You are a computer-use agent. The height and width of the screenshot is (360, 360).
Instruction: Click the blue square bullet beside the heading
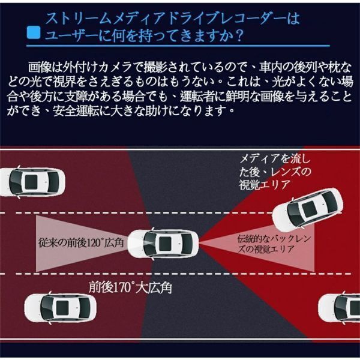click(34, 32)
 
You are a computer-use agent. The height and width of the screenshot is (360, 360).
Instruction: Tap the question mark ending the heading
click(239, 36)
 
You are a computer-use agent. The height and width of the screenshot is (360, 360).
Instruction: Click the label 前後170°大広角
click(130, 288)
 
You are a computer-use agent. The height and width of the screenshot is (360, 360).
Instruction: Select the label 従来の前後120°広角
click(81, 243)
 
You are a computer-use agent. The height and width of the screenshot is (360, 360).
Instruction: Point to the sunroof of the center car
click(165, 244)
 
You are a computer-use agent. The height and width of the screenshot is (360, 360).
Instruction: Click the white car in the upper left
click(32, 182)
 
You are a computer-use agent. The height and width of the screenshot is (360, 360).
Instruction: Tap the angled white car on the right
click(307, 210)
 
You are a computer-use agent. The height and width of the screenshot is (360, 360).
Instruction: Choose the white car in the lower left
click(61, 308)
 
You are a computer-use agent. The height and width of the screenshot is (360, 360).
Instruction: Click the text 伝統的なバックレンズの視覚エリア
click(274, 244)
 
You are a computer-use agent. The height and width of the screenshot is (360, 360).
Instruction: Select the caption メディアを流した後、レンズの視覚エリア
click(275, 172)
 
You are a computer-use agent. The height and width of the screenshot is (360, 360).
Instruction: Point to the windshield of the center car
click(148, 244)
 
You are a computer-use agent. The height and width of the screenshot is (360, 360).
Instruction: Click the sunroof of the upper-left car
click(31, 182)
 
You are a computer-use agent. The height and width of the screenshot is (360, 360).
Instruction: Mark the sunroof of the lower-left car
click(62, 308)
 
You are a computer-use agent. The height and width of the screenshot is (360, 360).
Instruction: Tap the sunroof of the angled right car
click(309, 209)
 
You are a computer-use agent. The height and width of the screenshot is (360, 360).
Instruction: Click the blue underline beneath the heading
click(178, 46)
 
